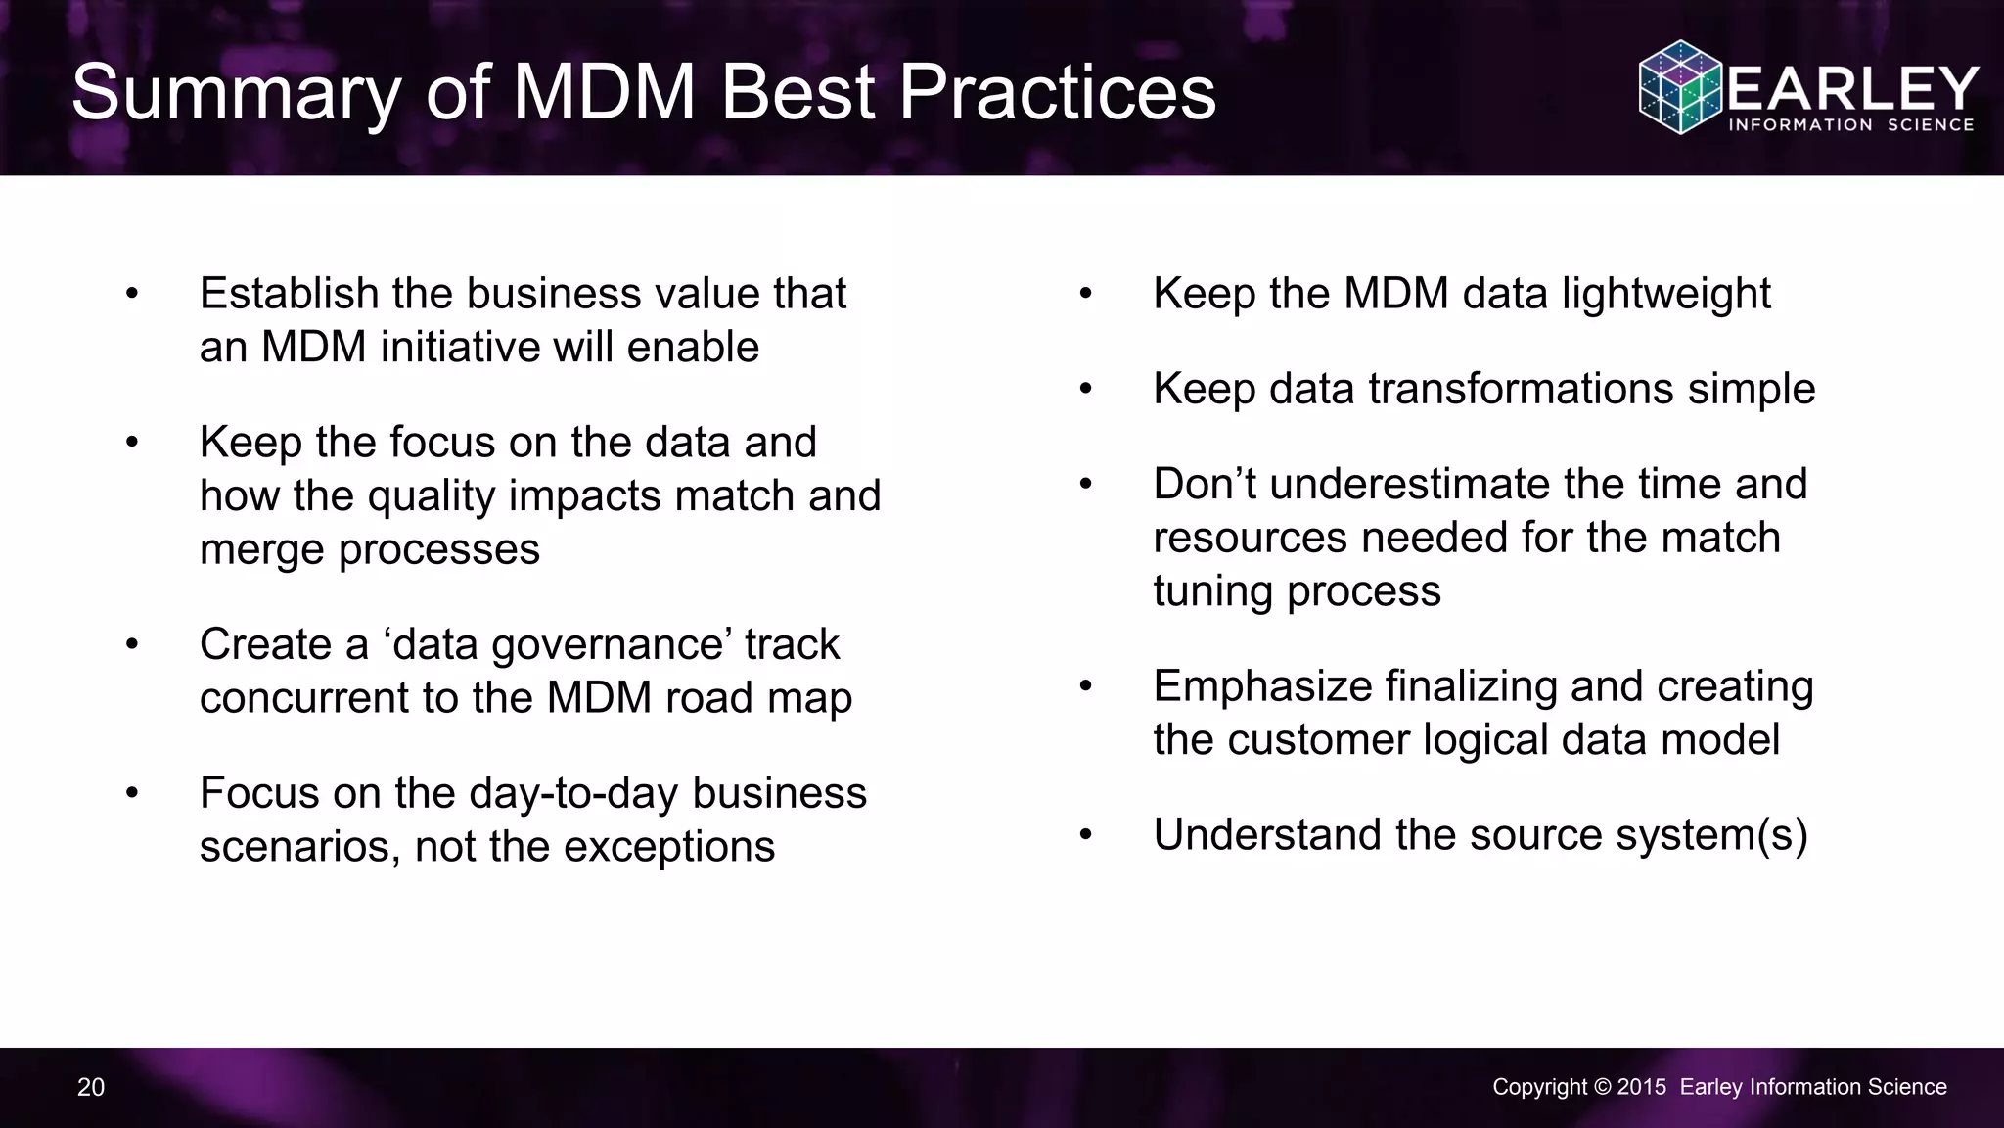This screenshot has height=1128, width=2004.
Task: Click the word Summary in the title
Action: pos(235,93)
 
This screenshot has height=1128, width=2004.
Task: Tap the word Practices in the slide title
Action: pos(1057,93)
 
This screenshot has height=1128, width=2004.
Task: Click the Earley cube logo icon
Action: pos(1680,87)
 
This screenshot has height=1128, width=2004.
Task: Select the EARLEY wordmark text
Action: pos(1853,89)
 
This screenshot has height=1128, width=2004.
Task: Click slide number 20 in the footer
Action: pos(91,1087)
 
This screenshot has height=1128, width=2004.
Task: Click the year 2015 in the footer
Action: pos(1642,1087)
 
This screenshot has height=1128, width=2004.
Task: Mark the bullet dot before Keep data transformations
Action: pos(1085,390)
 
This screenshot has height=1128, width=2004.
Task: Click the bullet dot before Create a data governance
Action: pos(132,645)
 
